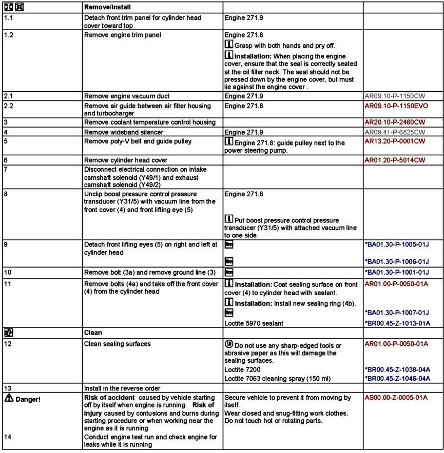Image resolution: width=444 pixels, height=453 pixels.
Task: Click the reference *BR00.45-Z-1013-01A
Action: [397, 323]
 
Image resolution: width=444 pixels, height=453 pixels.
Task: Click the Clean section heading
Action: [93, 332]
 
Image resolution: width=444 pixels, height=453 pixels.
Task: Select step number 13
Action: [7, 387]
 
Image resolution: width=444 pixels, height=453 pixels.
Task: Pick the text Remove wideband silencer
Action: [119, 132]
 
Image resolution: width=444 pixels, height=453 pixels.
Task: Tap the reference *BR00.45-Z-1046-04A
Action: [397, 378]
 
